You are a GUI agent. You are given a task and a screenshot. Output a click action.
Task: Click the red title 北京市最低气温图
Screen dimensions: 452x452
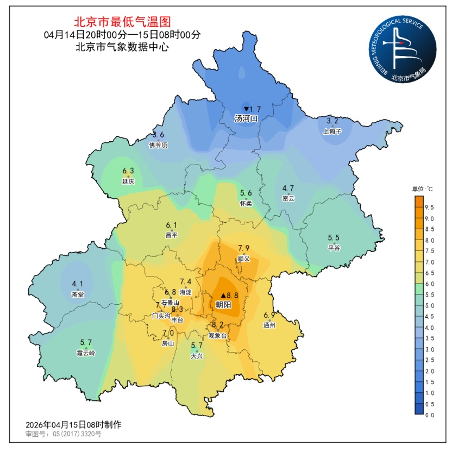(122, 22)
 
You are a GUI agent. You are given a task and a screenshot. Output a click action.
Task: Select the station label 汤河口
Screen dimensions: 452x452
(245, 118)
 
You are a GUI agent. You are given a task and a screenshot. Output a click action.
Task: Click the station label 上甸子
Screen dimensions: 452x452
(332, 131)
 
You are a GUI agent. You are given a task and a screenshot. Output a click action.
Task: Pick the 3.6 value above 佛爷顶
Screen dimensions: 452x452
(158, 135)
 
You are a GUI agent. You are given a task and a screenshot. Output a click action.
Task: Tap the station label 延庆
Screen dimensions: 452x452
(128, 181)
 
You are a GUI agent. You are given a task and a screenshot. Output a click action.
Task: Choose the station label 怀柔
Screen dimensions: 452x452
(246, 203)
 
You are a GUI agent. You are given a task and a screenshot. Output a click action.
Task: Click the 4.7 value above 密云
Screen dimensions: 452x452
(288, 189)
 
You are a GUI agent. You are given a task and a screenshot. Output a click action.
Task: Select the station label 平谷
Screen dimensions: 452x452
(334, 248)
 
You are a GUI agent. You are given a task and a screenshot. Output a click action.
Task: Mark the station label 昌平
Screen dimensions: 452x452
(172, 235)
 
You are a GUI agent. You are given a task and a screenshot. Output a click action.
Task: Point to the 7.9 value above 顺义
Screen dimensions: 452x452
(244, 248)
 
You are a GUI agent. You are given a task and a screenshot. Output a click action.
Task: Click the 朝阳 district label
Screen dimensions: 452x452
(224, 305)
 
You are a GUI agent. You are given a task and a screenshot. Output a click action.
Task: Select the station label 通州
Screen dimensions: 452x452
(269, 325)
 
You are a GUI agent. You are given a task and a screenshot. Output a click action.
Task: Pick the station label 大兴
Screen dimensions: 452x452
(197, 356)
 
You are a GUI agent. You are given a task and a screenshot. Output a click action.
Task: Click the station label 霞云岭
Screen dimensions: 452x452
(86, 353)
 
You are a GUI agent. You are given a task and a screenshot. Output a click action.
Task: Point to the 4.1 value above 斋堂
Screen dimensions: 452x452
(78, 284)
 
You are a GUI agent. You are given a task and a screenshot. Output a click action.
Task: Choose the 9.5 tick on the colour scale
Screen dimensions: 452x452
(428, 208)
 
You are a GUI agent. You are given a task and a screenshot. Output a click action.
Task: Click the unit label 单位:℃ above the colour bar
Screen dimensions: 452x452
(422, 189)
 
